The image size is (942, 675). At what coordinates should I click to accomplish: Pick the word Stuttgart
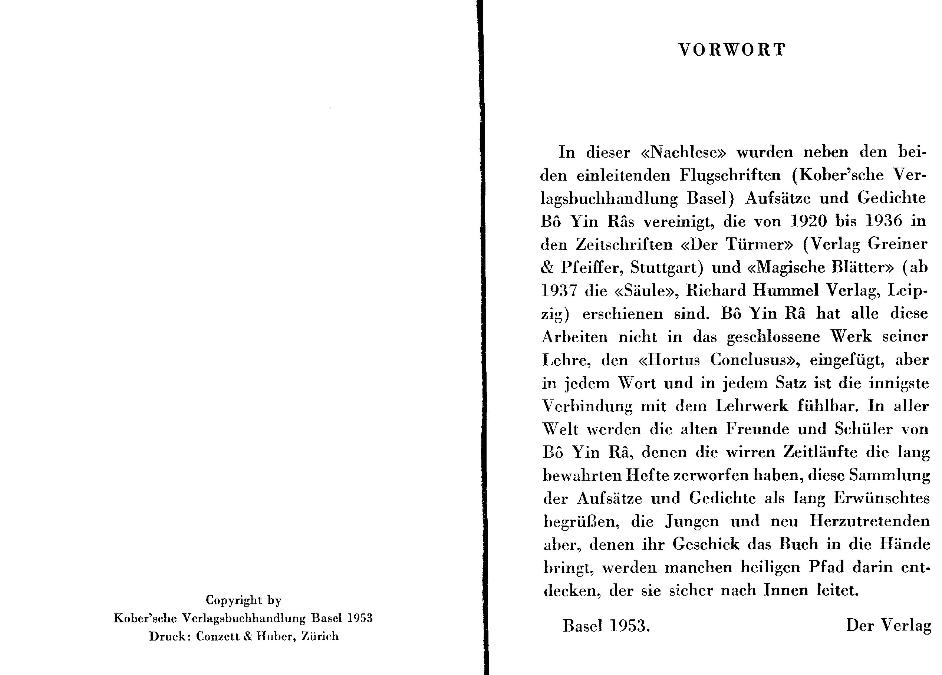[666, 267]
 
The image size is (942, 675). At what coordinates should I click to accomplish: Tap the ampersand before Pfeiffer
[547, 267]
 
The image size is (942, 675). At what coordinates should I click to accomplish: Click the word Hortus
[669, 360]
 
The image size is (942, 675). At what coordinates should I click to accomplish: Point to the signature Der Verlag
[889, 626]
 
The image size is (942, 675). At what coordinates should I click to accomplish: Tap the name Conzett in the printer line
[218, 636]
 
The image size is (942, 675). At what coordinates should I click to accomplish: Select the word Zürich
[320, 636]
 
